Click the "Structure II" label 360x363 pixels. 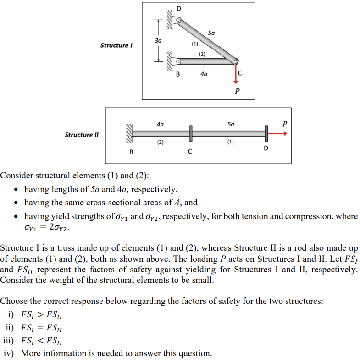pyautogui.click(x=81, y=135)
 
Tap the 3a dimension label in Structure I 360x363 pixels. pyautogui.click(x=158, y=41)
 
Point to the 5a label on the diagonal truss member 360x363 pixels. pyautogui.click(x=211, y=33)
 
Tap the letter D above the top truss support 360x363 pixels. pyautogui.click(x=179, y=9)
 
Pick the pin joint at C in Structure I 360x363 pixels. pyautogui.click(x=236, y=62)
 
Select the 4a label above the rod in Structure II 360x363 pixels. pyautogui.click(x=160, y=124)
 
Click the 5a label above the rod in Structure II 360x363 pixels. pyautogui.click(x=231, y=124)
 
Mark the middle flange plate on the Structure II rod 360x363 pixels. pyautogui.click(x=190, y=133)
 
